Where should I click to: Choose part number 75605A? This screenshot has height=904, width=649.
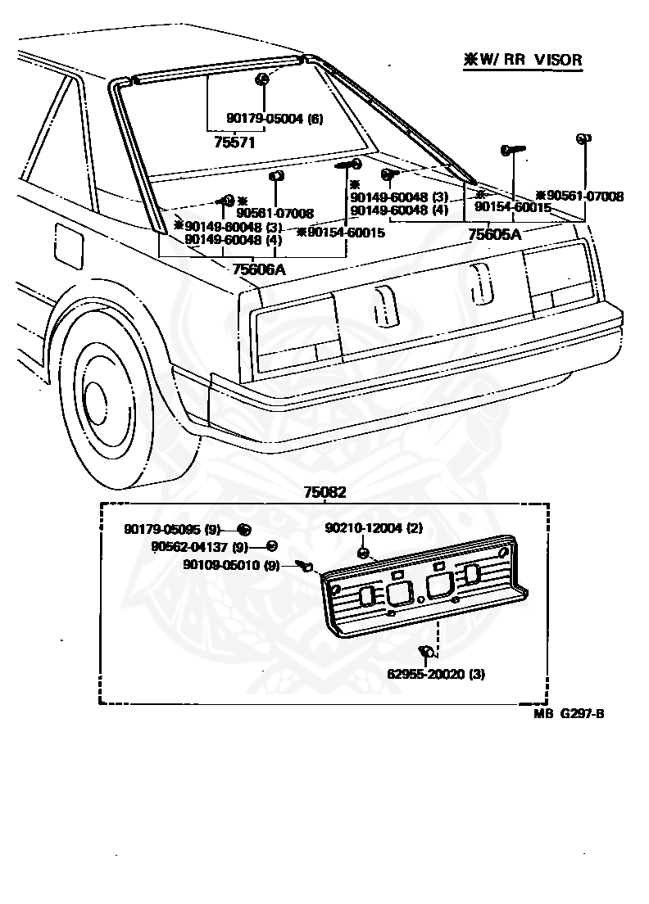[494, 234]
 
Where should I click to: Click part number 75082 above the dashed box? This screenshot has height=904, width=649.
[324, 492]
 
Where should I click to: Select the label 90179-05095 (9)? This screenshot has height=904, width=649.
[173, 530]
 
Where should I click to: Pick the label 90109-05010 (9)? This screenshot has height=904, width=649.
[231, 564]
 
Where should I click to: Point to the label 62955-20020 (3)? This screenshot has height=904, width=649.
[437, 676]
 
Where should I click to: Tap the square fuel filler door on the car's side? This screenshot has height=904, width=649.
[69, 243]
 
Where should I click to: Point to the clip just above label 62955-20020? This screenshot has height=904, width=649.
[426, 652]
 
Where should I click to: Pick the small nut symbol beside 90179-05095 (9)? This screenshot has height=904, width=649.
[243, 530]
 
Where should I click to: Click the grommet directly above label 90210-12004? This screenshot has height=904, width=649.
[361, 554]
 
